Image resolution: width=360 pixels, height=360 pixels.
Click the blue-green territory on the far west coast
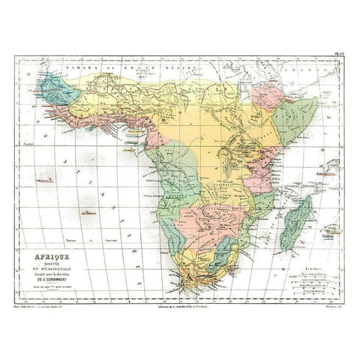coord(56,88)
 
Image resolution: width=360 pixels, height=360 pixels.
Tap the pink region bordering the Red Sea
coord(266,96)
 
